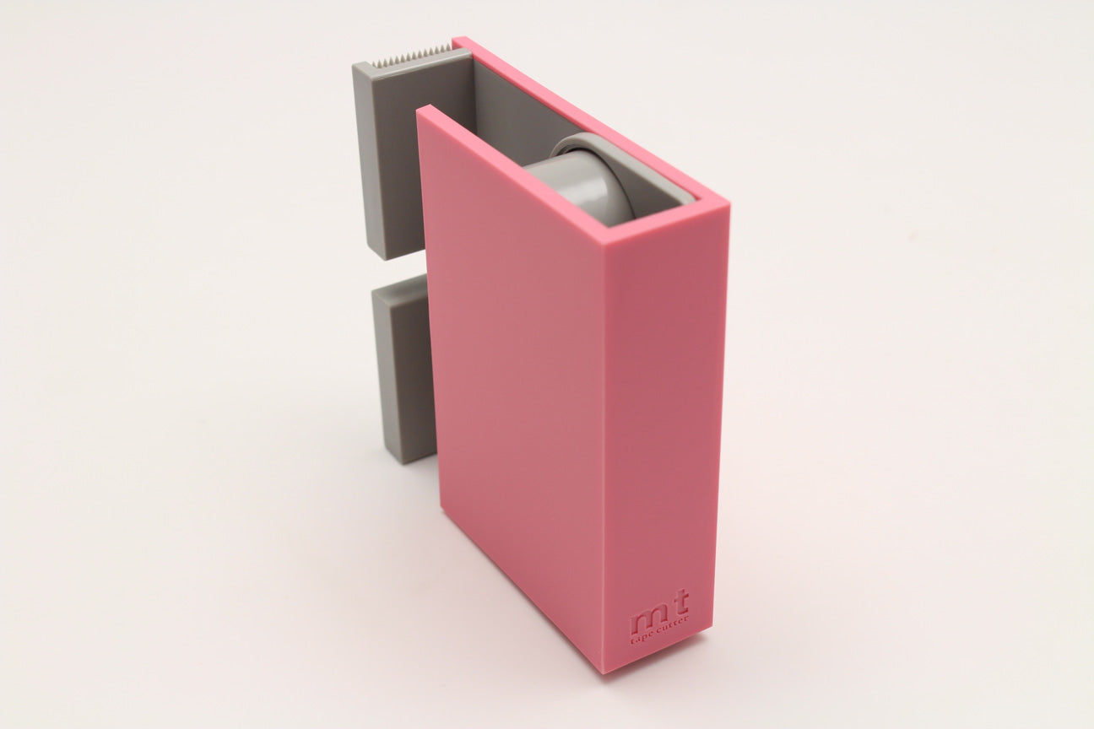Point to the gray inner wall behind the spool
(x=506, y=127)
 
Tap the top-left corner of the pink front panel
(x=422, y=111)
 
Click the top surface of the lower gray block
(x=397, y=291)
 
